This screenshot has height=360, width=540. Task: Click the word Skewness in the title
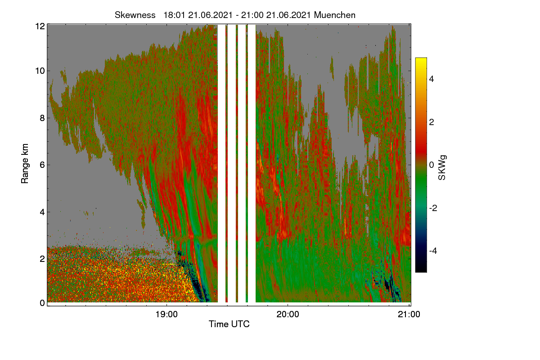(135, 15)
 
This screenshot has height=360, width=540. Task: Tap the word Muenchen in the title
(335, 15)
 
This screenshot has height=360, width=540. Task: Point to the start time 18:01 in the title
(174, 15)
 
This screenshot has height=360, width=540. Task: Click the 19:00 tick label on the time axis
(166, 314)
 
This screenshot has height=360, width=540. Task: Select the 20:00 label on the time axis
(288, 314)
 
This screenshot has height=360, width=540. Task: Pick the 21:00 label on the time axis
(409, 314)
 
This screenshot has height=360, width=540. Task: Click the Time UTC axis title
(229, 324)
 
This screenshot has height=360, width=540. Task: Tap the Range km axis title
(25, 163)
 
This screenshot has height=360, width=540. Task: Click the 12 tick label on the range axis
(40, 26)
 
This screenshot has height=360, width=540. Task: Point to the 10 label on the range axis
(40, 71)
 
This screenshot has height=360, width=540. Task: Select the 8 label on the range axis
(42, 118)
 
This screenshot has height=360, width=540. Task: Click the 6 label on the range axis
(42, 165)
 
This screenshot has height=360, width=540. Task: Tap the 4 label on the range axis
(42, 212)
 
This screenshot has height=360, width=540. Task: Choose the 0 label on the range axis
(42, 303)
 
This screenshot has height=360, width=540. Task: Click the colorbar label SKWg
(442, 167)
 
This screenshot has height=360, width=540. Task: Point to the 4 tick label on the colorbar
(432, 79)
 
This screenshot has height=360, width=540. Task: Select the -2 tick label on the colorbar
(433, 208)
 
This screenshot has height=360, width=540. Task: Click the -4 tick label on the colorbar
(433, 251)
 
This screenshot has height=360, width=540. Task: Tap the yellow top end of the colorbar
(421, 58)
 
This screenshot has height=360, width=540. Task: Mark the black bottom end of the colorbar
(421, 271)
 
